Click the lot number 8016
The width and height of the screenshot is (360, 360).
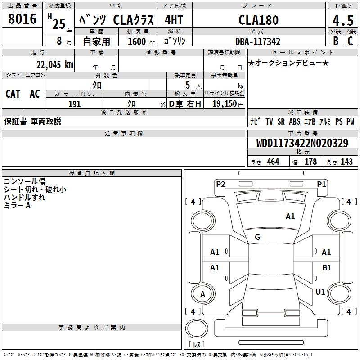[x=22, y=19]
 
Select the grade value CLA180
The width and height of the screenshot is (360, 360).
[x=258, y=20]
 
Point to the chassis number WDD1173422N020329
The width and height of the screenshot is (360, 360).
[x=302, y=143]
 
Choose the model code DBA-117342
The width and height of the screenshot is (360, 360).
[x=258, y=41]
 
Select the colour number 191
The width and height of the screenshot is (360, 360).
[x=74, y=104]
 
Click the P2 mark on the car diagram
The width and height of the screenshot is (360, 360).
[x=220, y=184]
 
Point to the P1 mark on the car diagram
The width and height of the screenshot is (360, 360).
[x=321, y=184]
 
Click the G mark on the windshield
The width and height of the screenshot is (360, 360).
[x=257, y=237]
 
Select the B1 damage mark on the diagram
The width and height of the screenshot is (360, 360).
[x=327, y=268]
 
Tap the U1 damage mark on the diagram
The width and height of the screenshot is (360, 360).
[x=320, y=292]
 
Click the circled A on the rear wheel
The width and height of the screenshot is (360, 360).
[x=202, y=294]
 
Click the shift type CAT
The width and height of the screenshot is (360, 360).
[x=13, y=94]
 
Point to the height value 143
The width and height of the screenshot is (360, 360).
[x=346, y=162]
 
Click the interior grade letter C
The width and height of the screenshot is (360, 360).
[x=350, y=41]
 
